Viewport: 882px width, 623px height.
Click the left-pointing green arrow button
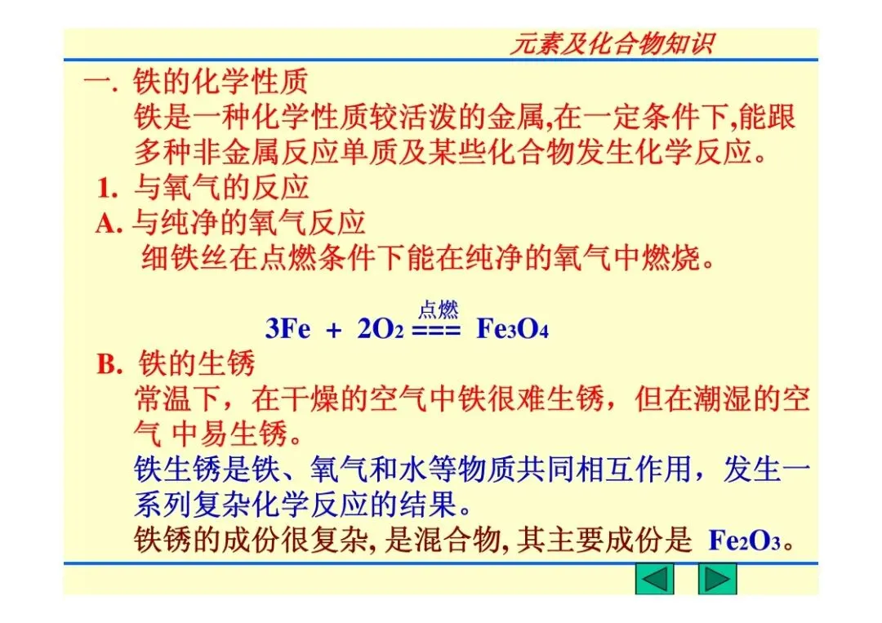click(654, 579)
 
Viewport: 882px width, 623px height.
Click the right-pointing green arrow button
click(717, 579)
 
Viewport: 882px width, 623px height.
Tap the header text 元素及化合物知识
click(612, 43)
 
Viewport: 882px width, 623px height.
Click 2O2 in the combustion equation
click(381, 330)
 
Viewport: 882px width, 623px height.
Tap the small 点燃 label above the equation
click(438, 309)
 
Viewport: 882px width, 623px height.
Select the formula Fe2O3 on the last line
click(745, 541)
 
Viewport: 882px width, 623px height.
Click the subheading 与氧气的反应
click(221, 189)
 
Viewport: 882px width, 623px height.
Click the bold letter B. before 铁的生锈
click(109, 364)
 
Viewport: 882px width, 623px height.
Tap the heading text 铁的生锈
click(198, 363)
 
